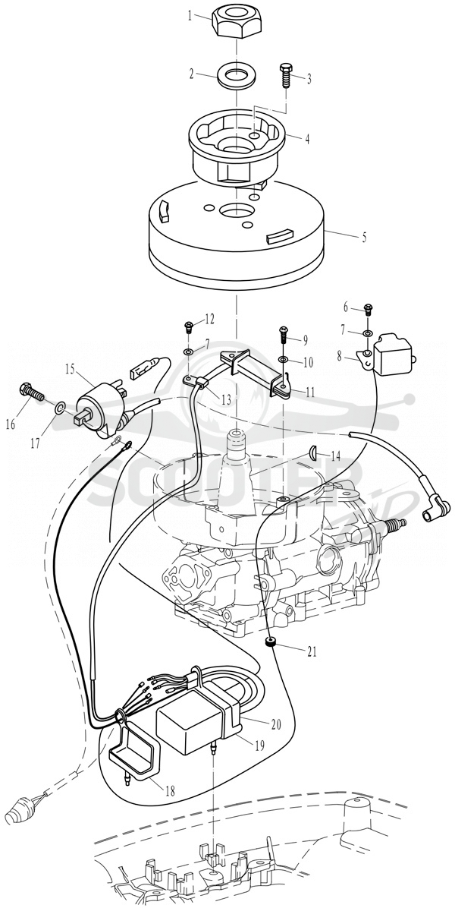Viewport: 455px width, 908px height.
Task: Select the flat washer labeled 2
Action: pos(237,75)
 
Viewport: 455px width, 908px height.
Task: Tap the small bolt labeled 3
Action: pos(286,74)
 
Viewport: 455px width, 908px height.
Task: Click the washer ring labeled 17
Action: pos(60,409)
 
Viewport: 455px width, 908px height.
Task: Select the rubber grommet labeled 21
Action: pos(269,643)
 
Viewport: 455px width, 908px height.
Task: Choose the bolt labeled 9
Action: pos(283,334)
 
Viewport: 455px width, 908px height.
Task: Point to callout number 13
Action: pos(225,399)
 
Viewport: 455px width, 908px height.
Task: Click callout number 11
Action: pos(310,392)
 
